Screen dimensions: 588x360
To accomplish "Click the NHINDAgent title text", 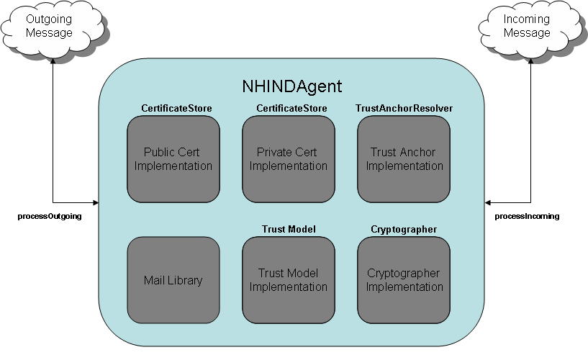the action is [291, 86].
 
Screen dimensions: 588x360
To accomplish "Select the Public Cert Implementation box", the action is [173, 159].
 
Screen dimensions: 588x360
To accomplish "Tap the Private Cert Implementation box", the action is [289, 159].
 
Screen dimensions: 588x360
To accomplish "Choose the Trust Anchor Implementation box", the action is [404, 159].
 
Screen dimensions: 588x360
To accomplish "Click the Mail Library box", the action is [173, 280].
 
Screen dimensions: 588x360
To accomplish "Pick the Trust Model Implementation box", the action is [289, 280].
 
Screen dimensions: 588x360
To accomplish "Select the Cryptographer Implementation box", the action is [404, 280].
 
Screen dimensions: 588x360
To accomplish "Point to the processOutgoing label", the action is [50, 217].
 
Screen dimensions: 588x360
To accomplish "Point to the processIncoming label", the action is [527, 217].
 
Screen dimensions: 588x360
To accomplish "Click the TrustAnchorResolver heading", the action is [404, 109].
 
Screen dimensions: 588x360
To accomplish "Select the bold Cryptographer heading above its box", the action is [404, 229].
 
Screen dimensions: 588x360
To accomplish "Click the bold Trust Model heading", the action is [289, 229].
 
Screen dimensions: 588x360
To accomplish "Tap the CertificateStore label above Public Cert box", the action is [176, 109].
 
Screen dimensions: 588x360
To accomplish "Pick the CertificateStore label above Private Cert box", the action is [291, 109].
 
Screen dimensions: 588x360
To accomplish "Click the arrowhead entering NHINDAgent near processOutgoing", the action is [96, 203].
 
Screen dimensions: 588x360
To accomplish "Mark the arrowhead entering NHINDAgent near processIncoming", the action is [487, 203].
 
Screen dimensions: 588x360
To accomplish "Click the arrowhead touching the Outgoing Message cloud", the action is [53, 61].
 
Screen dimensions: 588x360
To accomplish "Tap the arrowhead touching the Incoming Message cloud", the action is [530, 61].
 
